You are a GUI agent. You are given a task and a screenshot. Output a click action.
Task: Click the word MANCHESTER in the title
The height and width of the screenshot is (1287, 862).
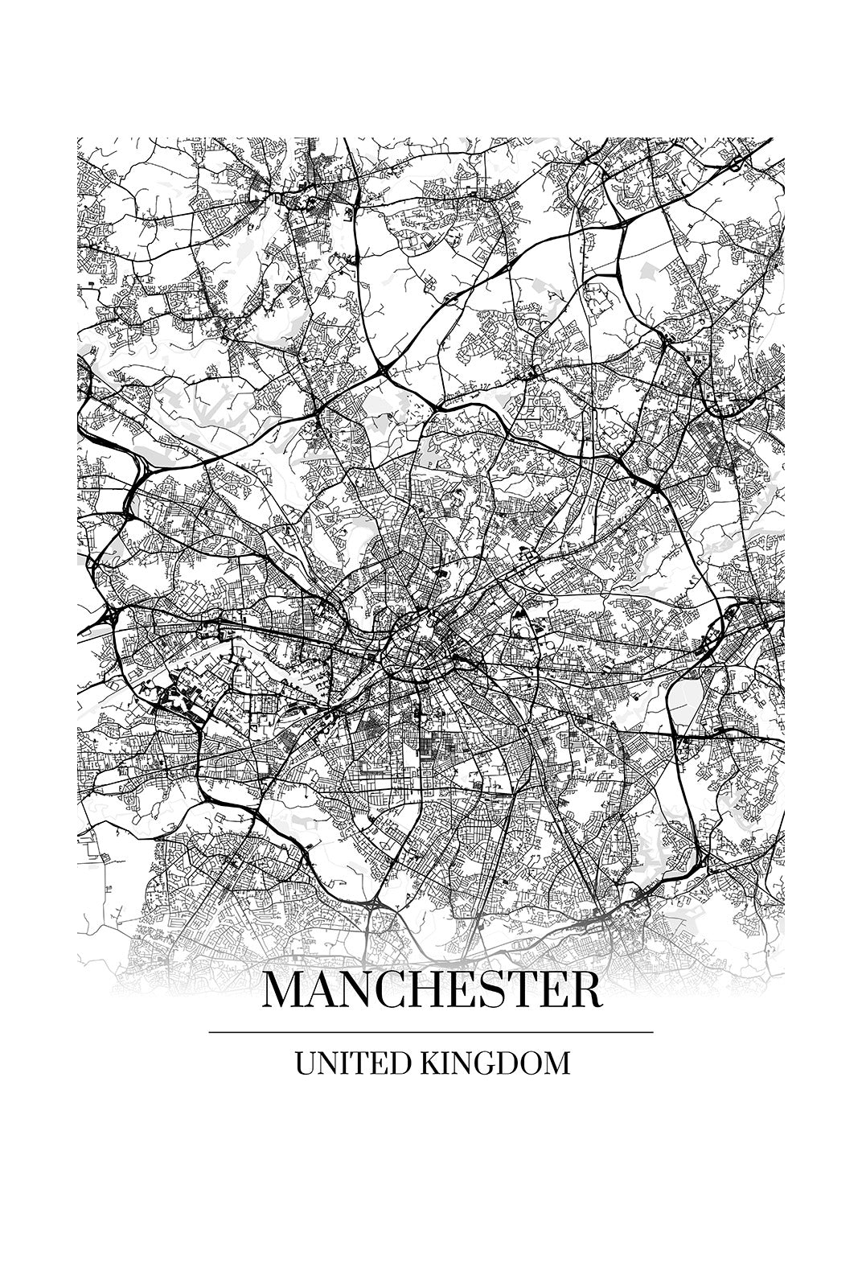click(x=431, y=991)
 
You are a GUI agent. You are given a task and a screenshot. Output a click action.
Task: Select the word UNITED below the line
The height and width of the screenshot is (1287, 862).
click(x=352, y=1063)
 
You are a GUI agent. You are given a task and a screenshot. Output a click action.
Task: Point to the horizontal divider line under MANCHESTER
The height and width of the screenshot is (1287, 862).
click(x=431, y=1031)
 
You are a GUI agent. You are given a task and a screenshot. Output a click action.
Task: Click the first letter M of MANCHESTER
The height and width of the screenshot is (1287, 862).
click(x=282, y=991)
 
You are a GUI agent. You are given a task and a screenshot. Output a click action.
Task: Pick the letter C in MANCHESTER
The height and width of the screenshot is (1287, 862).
click(x=384, y=991)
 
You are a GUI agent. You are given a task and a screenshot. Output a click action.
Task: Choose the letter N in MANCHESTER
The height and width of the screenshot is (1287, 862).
click(x=352, y=991)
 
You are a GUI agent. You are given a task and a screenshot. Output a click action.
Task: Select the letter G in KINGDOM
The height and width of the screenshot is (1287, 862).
click(x=481, y=1063)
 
